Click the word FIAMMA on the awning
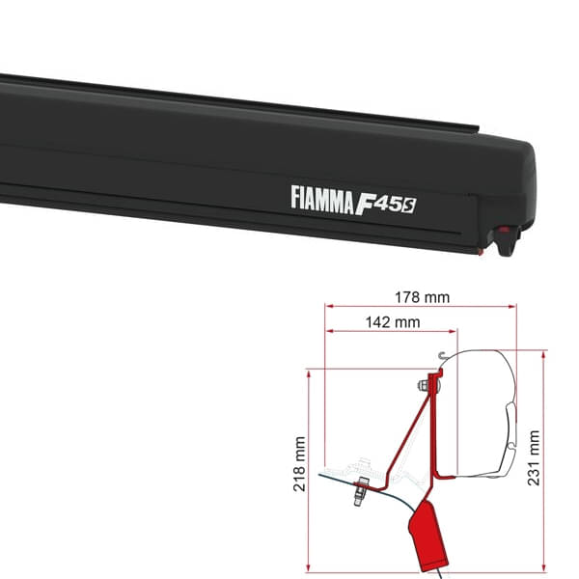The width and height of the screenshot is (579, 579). (x=326, y=197)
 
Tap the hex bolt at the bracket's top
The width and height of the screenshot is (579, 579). (x=425, y=388)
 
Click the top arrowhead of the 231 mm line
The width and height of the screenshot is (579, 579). (x=546, y=354)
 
